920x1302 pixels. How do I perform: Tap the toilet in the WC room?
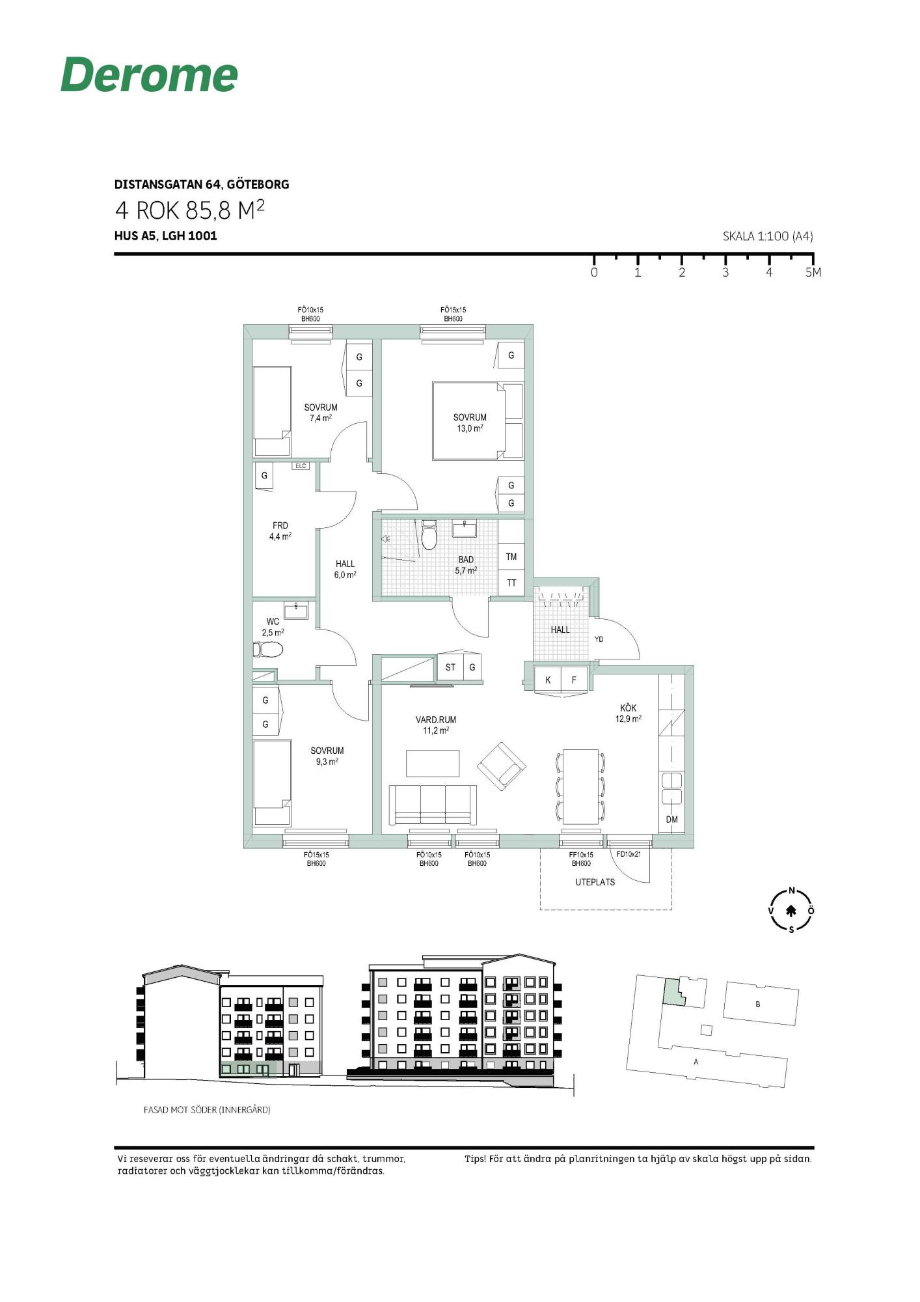268,650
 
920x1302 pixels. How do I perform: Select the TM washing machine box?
511,557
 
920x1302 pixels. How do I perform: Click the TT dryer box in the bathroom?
511,583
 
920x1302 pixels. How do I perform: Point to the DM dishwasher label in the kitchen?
671,820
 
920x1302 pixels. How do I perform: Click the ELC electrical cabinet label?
301,466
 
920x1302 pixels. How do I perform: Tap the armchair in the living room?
502,766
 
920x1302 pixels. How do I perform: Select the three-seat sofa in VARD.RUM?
433,805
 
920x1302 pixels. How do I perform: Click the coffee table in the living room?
433,763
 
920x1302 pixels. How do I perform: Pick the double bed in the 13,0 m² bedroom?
478,421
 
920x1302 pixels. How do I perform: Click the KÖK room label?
629,708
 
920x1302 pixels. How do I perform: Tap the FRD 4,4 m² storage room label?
280,531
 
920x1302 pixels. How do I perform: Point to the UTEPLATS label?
595,882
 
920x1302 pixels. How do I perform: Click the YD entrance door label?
599,639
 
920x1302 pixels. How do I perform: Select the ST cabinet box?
450,667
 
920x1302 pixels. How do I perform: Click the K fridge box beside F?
548,680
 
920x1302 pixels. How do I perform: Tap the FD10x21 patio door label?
629,854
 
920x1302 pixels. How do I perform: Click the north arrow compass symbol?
791,910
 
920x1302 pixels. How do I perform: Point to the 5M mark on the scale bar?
813,272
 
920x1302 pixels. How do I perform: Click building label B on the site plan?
757,1004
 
